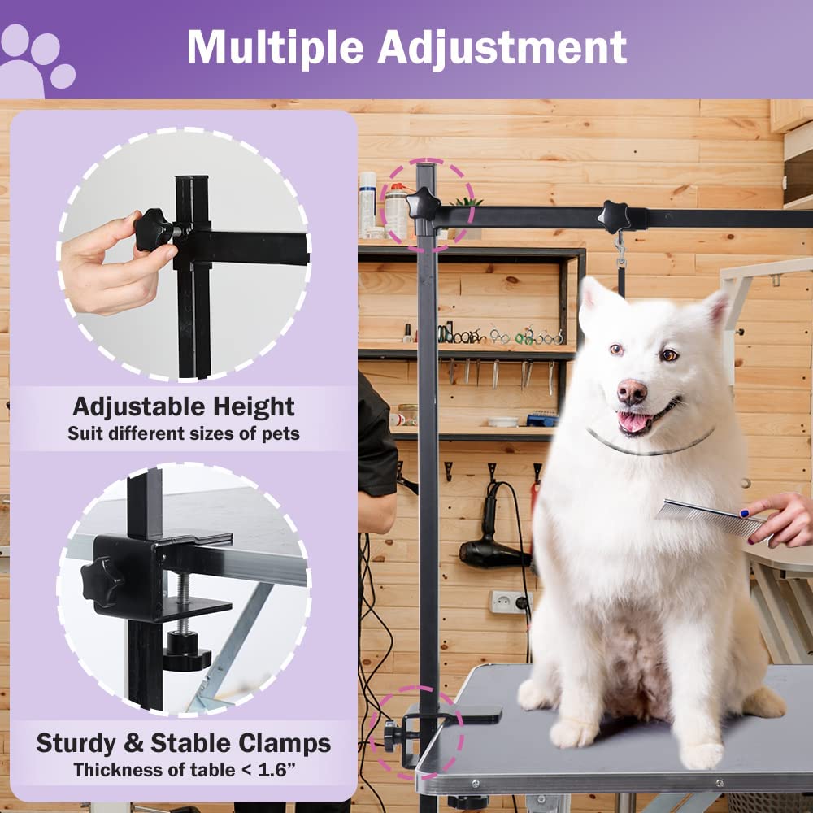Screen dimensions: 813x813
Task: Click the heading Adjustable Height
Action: pos(183,406)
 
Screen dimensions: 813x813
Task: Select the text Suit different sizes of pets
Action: pos(183,433)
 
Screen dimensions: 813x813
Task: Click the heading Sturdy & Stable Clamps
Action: pos(183,743)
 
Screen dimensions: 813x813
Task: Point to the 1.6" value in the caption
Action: pos(272,769)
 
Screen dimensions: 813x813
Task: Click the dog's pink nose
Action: pos(632,392)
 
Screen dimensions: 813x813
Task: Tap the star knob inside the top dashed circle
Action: pos(423,203)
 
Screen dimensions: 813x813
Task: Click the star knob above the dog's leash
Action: pos(614,216)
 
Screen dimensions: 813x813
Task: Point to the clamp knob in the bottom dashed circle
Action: pos(392,735)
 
